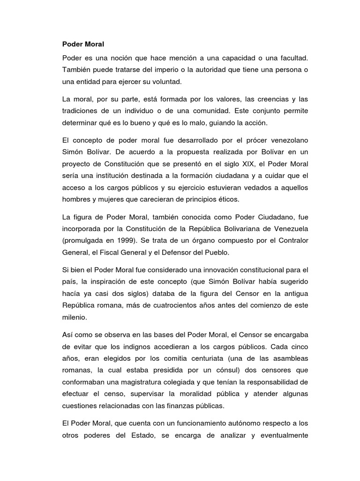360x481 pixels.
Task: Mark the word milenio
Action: pyautogui.click(x=74, y=318)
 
